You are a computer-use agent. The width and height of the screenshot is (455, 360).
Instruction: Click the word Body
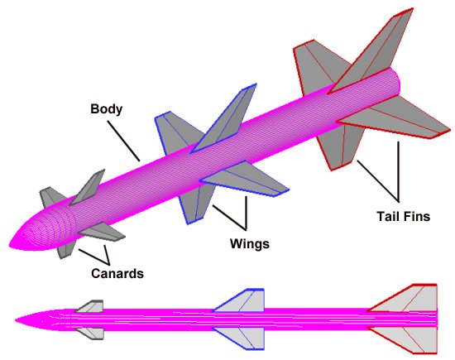click(x=106, y=108)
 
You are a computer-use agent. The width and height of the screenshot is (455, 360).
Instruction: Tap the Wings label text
click(x=249, y=244)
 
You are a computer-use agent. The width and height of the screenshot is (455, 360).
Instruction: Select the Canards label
click(x=116, y=273)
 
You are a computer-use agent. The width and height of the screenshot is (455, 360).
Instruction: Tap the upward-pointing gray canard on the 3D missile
click(x=90, y=185)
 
